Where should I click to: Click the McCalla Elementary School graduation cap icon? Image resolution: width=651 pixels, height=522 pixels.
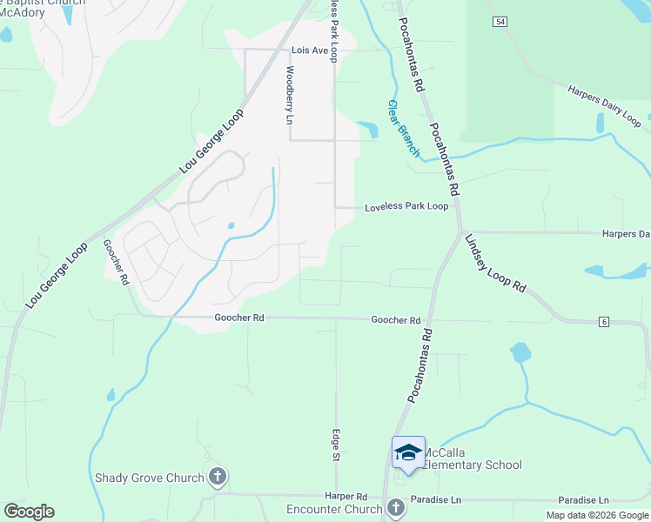pos(408,452)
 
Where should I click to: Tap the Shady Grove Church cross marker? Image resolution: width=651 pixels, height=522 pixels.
pos(218,477)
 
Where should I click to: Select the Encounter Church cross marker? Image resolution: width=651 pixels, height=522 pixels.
pos(395,507)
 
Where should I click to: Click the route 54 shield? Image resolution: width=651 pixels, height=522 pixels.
pos(499,22)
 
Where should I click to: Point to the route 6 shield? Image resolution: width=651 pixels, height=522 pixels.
pos(603,322)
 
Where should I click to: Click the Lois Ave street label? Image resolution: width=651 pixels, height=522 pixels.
pos(310,51)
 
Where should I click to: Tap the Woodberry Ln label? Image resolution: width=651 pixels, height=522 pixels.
pos(289,95)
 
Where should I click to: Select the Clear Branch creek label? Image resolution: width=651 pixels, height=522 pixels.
pos(403,129)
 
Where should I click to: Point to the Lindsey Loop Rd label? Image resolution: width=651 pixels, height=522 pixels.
pos(495,263)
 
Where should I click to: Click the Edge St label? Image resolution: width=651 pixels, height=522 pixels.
pos(335,445)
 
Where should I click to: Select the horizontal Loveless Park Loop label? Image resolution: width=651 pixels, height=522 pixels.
pos(406,207)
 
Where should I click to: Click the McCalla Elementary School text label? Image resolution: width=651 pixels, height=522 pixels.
pos(472,465)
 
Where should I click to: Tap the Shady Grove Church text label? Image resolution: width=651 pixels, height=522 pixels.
pos(149,477)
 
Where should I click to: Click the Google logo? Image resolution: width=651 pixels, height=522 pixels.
pos(29,512)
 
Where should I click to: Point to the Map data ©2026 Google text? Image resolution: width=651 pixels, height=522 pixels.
pos(598,515)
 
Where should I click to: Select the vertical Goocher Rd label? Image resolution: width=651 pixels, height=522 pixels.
pos(116,263)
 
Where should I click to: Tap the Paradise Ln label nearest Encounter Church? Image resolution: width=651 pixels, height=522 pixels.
pos(437,500)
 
